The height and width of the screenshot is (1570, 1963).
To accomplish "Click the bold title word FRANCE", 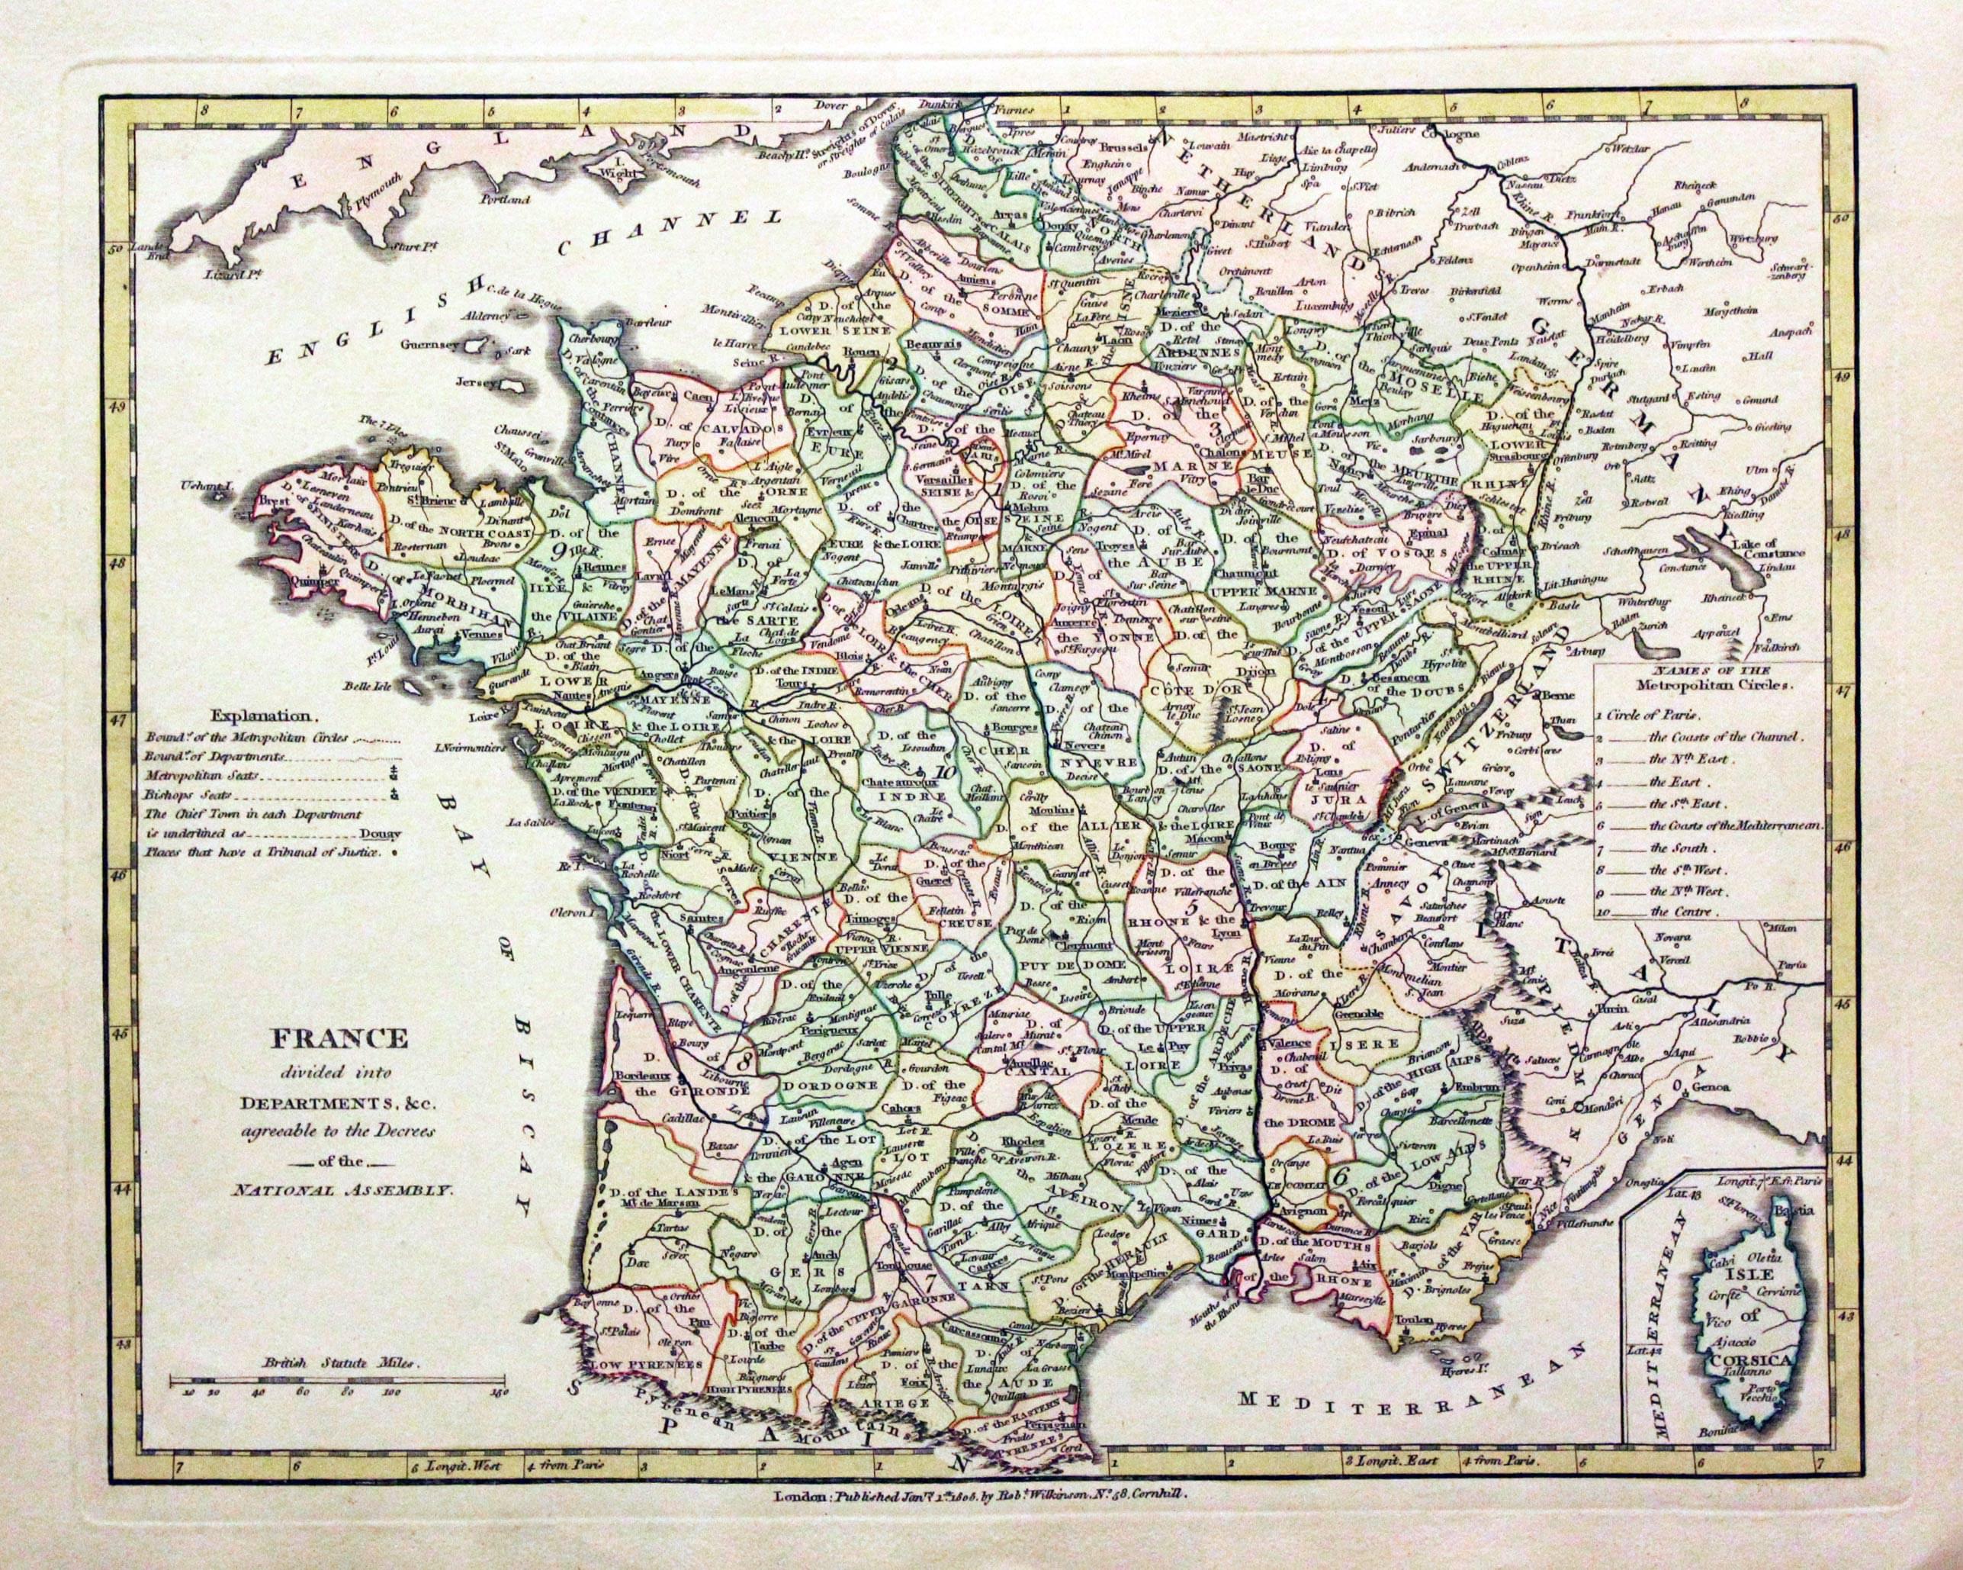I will click(337, 1038).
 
